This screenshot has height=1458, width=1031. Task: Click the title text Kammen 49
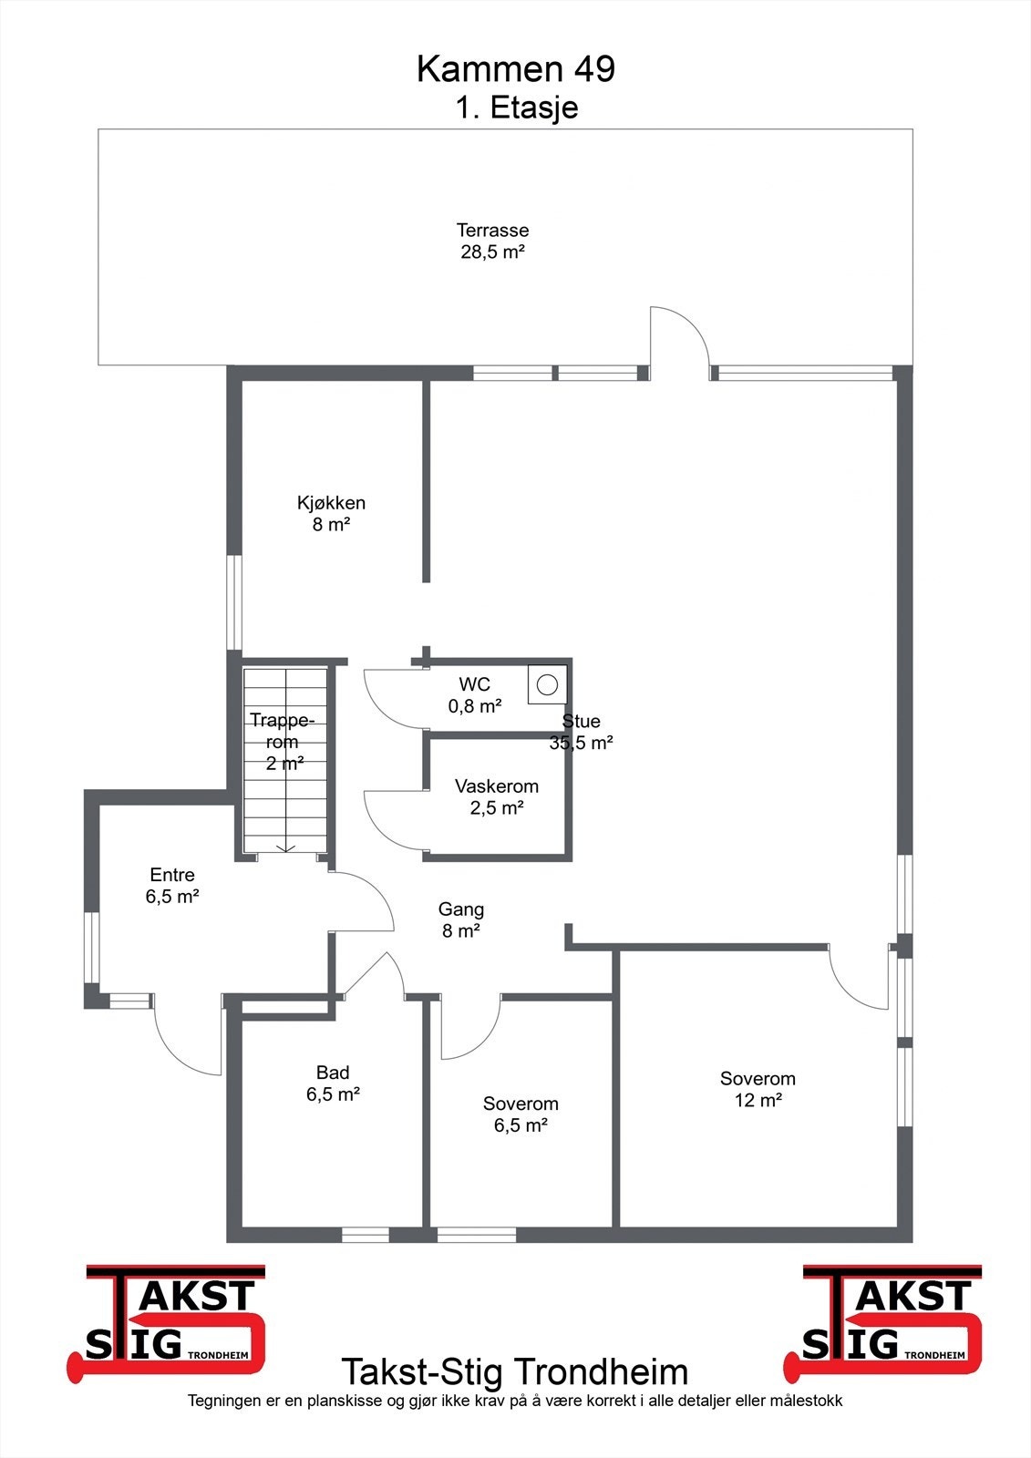(x=516, y=69)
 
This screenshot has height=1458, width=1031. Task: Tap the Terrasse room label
(x=492, y=241)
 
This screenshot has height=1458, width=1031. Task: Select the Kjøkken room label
(x=331, y=513)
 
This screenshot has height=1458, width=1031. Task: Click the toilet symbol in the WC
(x=547, y=684)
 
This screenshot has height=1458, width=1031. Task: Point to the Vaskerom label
(x=497, y=796)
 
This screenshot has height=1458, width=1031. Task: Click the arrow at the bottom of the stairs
(x=286, y=848)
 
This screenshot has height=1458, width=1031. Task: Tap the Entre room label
(x=172, y=885)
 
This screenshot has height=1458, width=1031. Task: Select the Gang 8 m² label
(x=461, y=919)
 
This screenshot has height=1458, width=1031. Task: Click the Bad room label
(x=333, y=1083)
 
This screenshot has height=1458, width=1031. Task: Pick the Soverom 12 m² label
(x=758, y=1089)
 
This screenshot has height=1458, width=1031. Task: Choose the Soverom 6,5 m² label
(x=521, y=1114)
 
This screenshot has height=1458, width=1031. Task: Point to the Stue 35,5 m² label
(x=581, y=732)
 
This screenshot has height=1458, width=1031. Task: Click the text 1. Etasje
(x=517, y=108)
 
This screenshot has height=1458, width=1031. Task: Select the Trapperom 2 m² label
(x=283, y=742)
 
